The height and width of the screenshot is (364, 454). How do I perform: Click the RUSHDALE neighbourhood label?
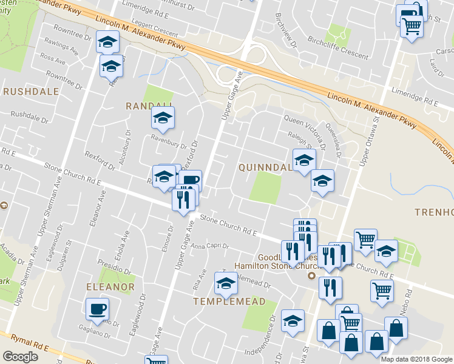pyautogui.click(x=31, y=92)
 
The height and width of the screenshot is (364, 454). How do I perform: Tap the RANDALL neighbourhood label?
pyautogui.click(x=145, y=106)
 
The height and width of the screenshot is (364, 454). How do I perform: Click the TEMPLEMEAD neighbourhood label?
pyautogui.click(x=229, y=302)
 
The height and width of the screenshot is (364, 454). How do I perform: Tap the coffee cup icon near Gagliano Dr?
pyautogui.click(x=97, y=309)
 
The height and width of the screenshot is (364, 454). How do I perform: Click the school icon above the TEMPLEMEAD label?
pyautogui.click(x=226, y=283)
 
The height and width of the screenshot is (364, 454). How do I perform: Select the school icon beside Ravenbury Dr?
pyautogui.click(x=163, y=119)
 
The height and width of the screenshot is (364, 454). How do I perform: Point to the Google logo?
pyautogui.click(x=20, y=357)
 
